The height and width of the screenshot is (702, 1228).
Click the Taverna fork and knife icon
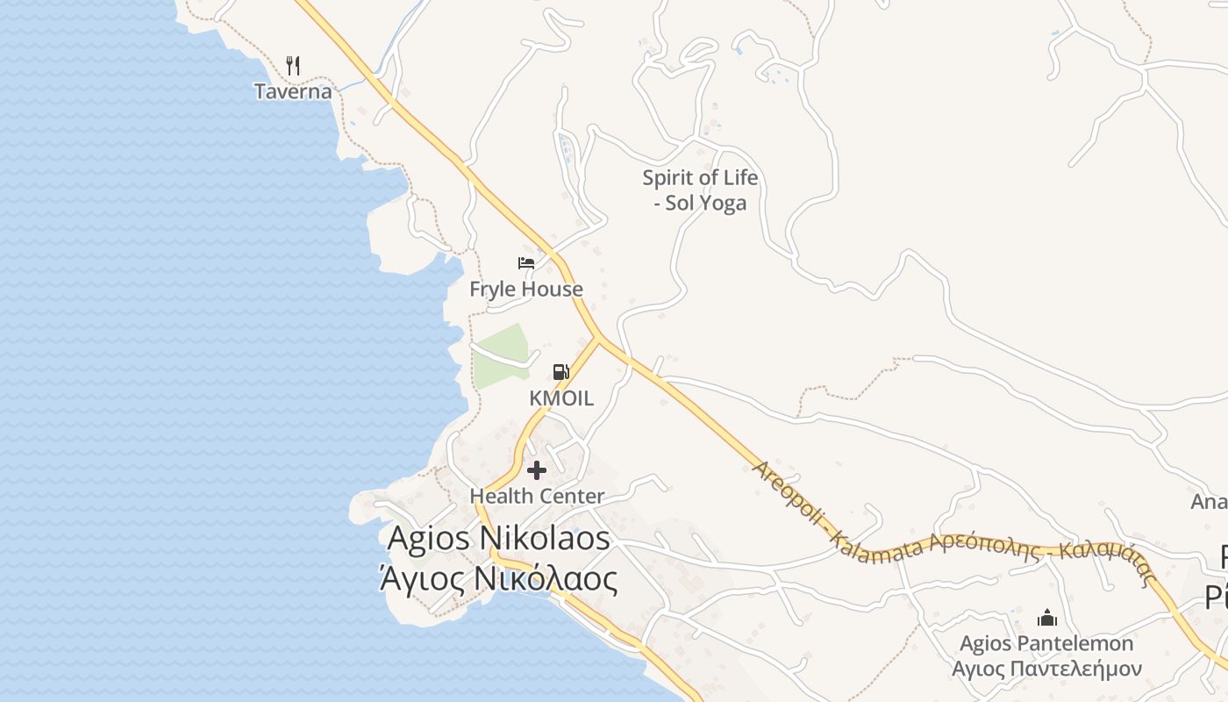(293, 66)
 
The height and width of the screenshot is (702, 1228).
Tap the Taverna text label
(293, 91)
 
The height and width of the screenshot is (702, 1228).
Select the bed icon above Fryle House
(526, 263)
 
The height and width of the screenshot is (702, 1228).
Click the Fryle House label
(526, 289)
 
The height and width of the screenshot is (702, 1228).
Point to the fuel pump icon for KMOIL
(560, 372)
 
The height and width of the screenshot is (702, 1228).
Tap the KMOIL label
(561, 398)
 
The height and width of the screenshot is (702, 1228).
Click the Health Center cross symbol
(537, 470)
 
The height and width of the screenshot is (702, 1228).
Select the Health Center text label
(537, 496)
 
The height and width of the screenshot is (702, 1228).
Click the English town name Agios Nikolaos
(498, 538)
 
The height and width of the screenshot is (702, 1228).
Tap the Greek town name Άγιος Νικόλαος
(498, 579)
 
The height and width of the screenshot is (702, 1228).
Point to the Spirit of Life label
(700, 178)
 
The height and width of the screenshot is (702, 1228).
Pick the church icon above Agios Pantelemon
(1046, 618)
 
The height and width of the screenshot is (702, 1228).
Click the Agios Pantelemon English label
(1046, 643)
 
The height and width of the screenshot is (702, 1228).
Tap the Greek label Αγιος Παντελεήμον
(1046, 669)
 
